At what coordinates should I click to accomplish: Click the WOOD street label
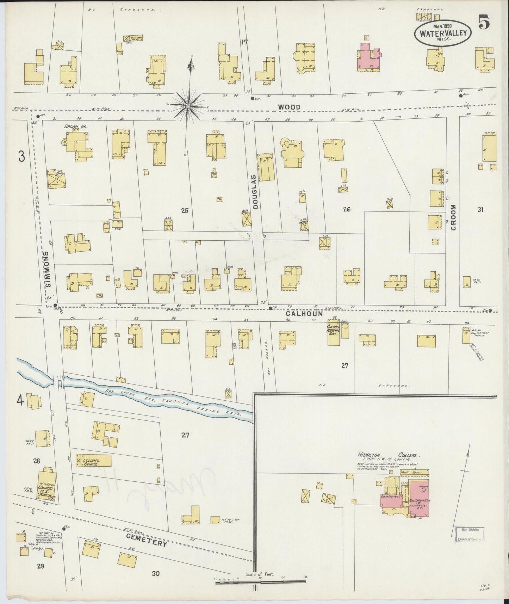288,107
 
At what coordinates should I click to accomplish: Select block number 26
347,209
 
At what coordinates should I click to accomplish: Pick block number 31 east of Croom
480,210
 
